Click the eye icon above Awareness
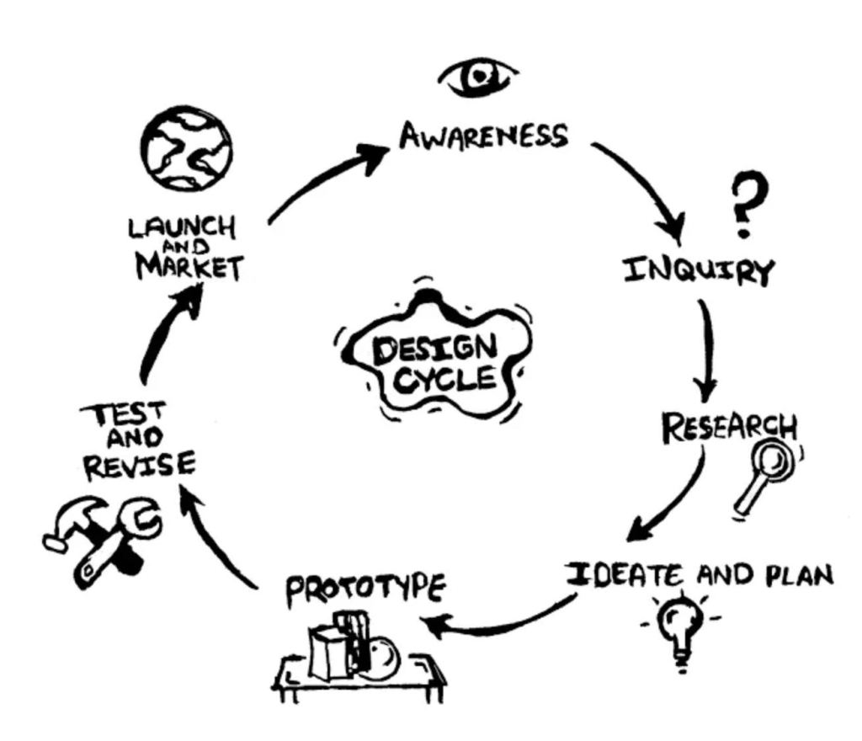(477, 77)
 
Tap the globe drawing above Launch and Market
(186, 149)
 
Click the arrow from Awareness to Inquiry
(644, 185)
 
